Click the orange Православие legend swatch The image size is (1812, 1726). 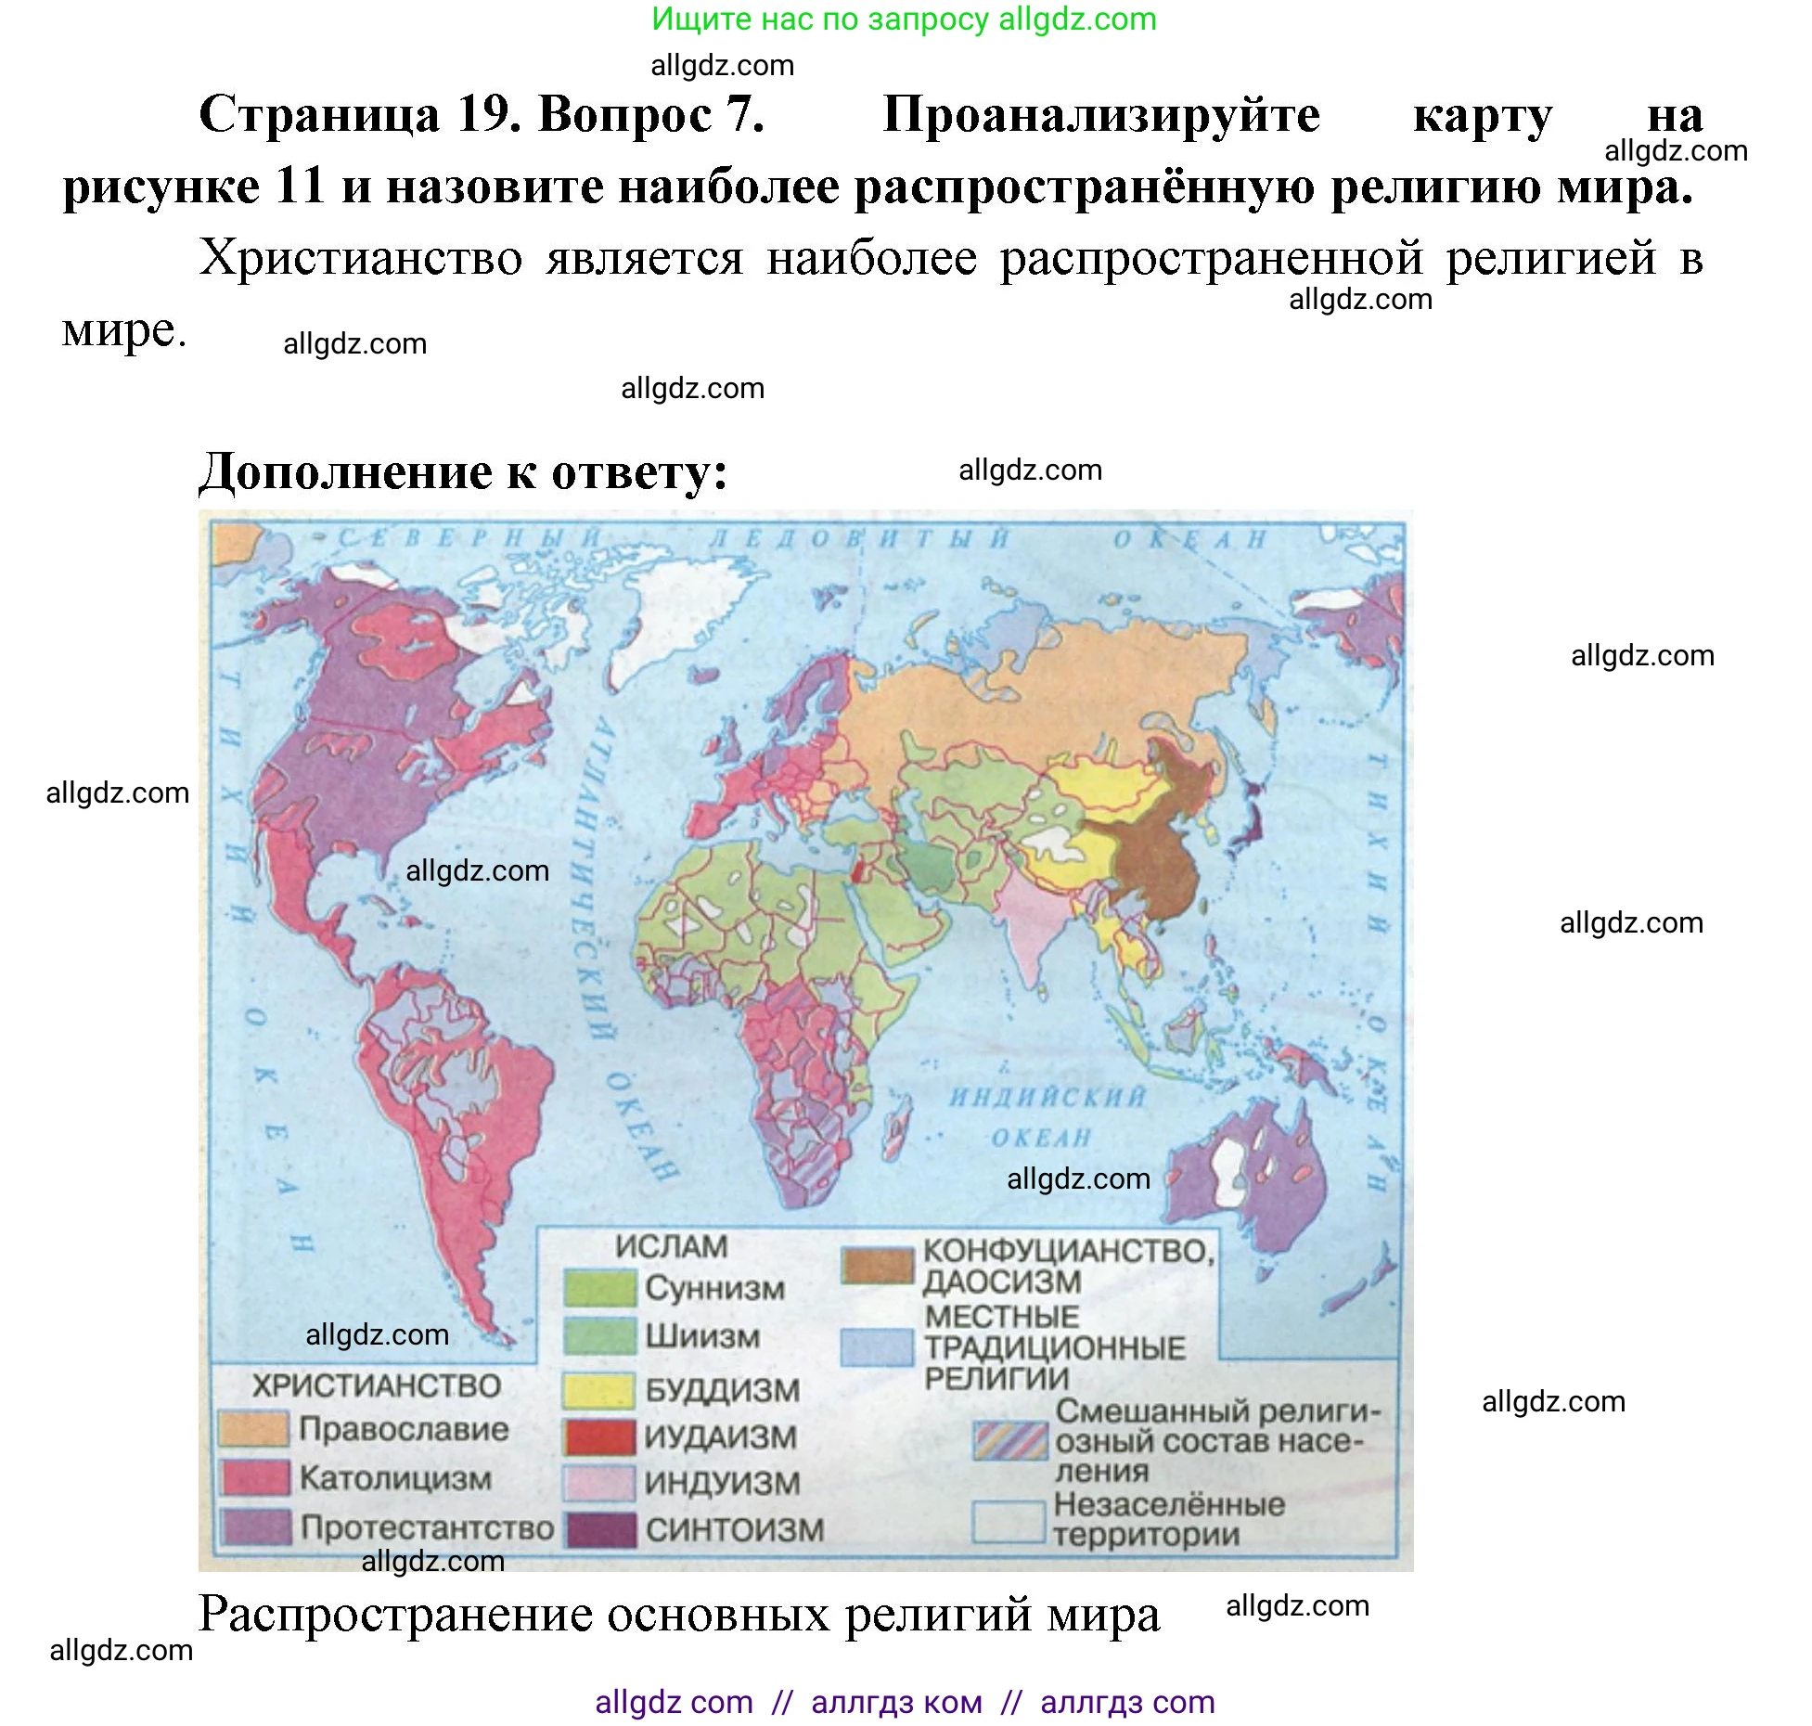click(x=252, y=1428)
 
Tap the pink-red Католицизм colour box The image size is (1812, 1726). click(x=254, y=1476)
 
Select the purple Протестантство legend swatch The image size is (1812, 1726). click(x=255, y=1526)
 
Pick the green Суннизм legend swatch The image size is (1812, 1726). click(x=598, y=1288)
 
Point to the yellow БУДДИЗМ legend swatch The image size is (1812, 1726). click(x=598, y=1390)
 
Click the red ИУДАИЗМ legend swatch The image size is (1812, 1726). click(x=599, y=1436)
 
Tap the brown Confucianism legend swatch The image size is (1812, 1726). click(x=877, y=1265)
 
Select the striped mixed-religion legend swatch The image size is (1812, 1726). click(x=1009, y=1440)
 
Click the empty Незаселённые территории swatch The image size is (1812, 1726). click(x=1009, y=1522)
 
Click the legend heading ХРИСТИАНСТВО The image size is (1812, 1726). click(x=377, y=1385)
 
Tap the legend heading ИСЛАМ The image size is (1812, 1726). click(x=671, y=1246)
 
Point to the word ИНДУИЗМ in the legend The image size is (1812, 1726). click(x=722, y=1483)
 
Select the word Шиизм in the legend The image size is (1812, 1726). click(x=702, y=1336)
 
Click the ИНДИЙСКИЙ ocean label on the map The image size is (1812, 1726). click(x=1047, y=1097)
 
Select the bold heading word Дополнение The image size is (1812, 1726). click(x=345, y=472)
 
